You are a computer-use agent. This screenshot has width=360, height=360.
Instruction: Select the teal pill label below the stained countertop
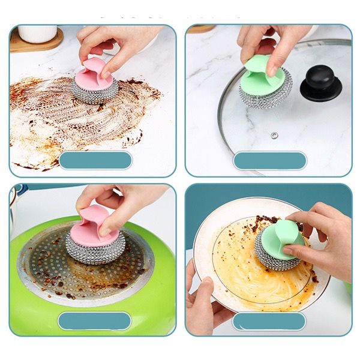point(96,160)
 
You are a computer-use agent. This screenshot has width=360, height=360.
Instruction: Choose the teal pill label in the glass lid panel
point(270,160)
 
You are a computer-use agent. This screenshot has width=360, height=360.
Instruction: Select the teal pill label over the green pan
point(94,320)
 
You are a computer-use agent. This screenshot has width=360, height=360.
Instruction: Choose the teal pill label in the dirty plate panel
point(269,321)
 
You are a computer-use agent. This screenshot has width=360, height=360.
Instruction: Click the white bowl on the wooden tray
point(37,33)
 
